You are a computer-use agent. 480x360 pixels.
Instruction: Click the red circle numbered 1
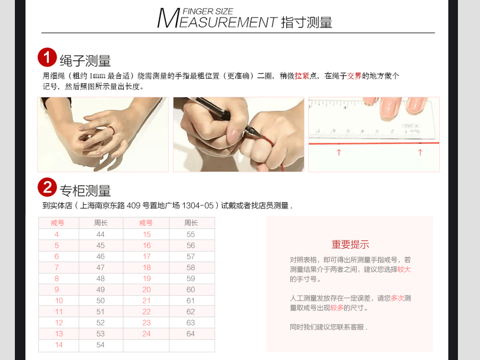pos(47,57)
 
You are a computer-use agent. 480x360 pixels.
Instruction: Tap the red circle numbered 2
pos(47,187)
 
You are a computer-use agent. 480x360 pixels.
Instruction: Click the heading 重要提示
pos(350,244)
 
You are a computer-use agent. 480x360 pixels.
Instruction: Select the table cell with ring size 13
pos(59,334)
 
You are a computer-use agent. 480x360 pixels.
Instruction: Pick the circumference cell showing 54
pos(100,345)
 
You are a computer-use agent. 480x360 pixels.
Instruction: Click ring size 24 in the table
pos(146,334)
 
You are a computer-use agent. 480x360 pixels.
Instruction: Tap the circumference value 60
pos(191,289)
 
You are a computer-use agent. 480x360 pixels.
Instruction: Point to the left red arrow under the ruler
pos(338,152)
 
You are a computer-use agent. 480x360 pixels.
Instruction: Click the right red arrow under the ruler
pos(420,152)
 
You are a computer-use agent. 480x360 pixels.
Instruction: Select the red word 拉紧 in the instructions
pos(302,76)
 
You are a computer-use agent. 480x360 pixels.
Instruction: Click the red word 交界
pos(354,76)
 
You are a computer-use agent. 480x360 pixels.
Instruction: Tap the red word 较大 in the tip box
pos(404,269)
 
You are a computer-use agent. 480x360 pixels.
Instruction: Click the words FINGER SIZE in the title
pos(208,12)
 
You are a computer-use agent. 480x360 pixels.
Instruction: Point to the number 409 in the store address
pos(133,205)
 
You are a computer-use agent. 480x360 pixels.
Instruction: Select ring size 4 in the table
pos(57,235)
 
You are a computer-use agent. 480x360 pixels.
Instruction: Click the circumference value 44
pos(100,235)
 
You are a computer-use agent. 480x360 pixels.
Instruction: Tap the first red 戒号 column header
pos(58,223)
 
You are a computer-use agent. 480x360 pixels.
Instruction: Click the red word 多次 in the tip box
pos(397,298)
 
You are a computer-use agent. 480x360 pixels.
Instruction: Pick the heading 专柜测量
pos(85,191)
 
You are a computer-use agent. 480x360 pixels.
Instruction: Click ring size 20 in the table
pos(146,289)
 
